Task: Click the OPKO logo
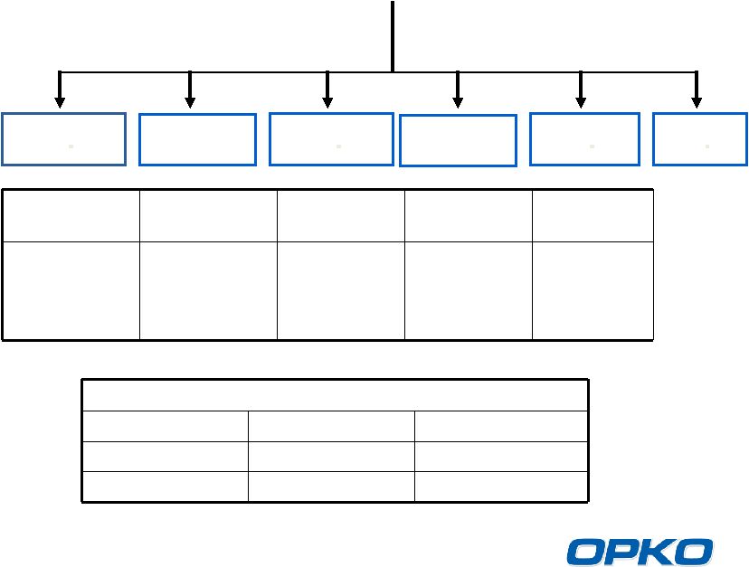[640, 552]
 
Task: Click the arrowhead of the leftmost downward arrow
[60, 102]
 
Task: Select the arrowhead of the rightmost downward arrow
[697, 102]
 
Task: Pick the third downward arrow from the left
[327, 90]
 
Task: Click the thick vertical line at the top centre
[393, 36]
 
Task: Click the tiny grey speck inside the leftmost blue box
[71, 146]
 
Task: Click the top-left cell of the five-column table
[71, 216]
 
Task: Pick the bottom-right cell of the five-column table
[593, 291]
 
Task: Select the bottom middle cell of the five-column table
[341, 291]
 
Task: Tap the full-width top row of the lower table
[336, 395]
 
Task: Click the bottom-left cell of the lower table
[166, 487]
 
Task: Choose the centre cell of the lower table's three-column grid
[331, 457]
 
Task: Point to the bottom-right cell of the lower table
[501, 487]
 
